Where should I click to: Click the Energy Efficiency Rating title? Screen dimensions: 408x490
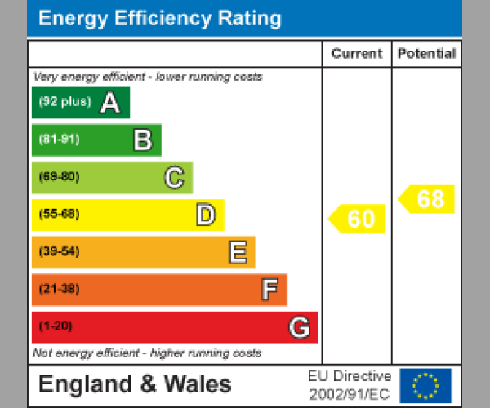pyautogui.click(x=160, y=19)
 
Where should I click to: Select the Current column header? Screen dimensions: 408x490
pyautogui.click(x=357, y=54)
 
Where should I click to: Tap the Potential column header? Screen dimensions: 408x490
pyautogui.click(x=426, y=54)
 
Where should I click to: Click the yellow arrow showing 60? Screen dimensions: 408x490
pyautogui.click(x=358, y=219)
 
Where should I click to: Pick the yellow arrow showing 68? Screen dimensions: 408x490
pyautogui.click(x=427, y=199)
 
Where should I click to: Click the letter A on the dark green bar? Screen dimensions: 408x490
pyautogui.click(x=110, y=103)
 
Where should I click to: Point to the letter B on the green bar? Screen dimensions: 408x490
pyautogui.click(x=142, y=140)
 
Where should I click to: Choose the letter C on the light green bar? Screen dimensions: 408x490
pyautogui.click(x=174, y=178)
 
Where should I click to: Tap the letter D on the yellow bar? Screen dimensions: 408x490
pyautogui.click(x=205, y=215)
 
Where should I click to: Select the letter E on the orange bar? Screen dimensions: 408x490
pyautogui.click(x=237, y=253)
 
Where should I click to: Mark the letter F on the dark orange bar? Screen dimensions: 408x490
pyautogui.click(x=269, y=290)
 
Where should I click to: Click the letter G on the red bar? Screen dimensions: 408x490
pyautogui.click(x=299, y=327)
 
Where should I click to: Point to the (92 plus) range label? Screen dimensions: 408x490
pyautogui.click(x=65, y=103)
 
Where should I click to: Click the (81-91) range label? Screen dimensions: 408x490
pyautogui.click(x=59, y=140)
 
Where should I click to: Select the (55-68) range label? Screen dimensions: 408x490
pyautogui.click(x=59, y=215)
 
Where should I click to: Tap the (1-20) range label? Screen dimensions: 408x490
pyautogui.click(x=56, y=327)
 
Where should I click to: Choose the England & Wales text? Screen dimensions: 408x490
pyautogui.click(x=135, y=385)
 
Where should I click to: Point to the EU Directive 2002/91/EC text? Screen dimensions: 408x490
pyautogui.click(x=350, y=385)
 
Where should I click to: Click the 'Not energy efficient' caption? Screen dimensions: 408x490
pyautogui.click(x=147, y=353)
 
